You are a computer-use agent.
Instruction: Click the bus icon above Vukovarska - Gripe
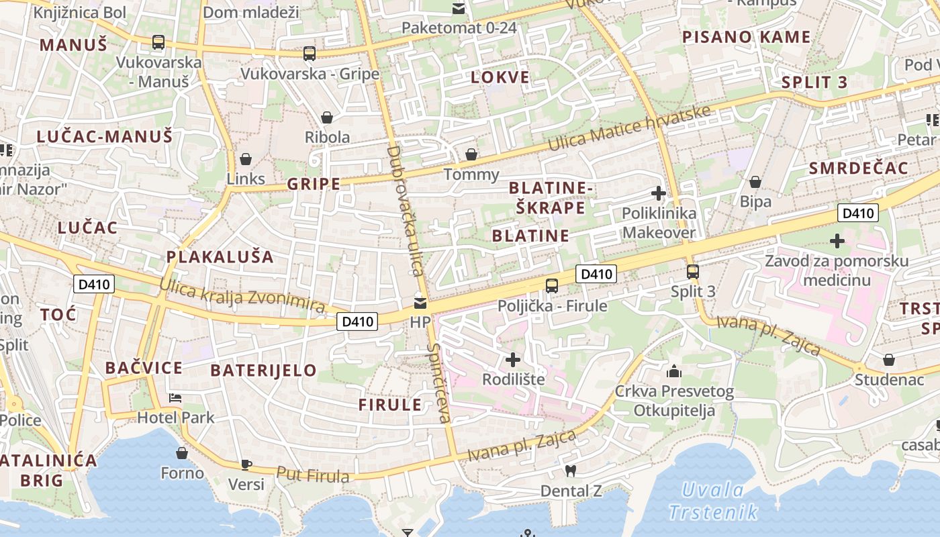[x=309, y=53]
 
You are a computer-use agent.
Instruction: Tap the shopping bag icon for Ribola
[x=327, y=117]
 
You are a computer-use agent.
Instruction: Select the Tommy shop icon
[x=472, y=154]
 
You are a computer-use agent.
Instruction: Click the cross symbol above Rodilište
[x=513, y=360]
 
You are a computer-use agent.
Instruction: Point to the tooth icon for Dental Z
[x=571, y=471]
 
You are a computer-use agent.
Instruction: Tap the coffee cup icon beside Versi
[x=246, y=465]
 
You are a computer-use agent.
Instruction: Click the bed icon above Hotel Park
[x=175, y=397]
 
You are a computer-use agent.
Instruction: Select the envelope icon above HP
[x=420, y=303]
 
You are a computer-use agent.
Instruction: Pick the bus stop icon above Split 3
[x=693, y=272]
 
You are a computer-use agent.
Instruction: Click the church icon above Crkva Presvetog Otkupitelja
[x=674, y=371]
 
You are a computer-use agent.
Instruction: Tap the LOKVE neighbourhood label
[x=500, y=77]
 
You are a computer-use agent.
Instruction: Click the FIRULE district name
[x=390, y=405]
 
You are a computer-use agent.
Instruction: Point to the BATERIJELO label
[x=263, y=370]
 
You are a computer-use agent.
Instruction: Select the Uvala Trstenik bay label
[x=713, y=501]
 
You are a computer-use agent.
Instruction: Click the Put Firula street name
[x=313, y=475]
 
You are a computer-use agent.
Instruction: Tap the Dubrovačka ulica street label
[x=406, y=210]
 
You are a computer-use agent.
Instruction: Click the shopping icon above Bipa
[x=755, y=182]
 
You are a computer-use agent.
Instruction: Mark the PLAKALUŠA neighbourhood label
[x=220, y=256]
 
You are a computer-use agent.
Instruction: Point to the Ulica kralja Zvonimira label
[x=242, y=296]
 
